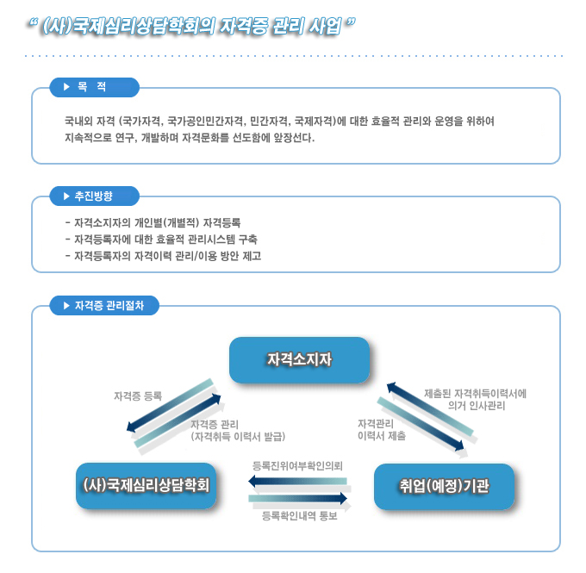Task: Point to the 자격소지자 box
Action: point(299,359)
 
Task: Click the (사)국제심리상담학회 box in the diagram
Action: point(145,485)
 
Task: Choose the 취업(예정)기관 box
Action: point(444,485)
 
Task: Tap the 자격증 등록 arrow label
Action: point(138,396)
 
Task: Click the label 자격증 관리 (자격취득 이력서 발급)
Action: point(237,430)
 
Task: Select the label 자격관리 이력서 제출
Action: point(381,430)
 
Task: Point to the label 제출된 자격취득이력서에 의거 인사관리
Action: point(475,399)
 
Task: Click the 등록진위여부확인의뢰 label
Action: point(297,465)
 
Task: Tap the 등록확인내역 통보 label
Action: point(298,516)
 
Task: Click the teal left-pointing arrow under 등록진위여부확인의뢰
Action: point(297,480)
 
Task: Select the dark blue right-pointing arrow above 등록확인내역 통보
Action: point(297,498)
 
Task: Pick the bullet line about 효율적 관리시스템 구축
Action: point(160,240)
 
